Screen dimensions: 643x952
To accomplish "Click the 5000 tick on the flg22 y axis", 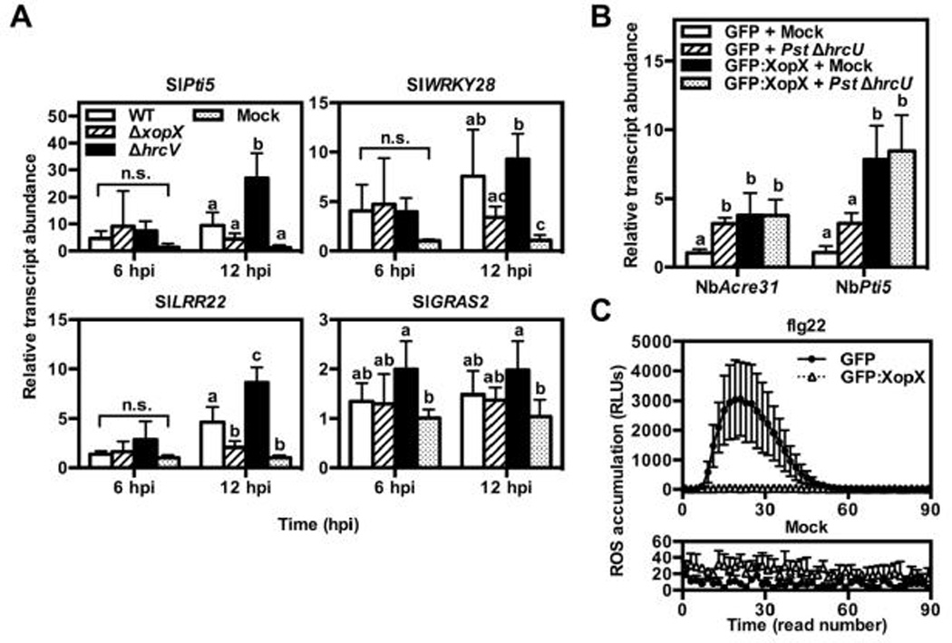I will [x=659, y=342].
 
